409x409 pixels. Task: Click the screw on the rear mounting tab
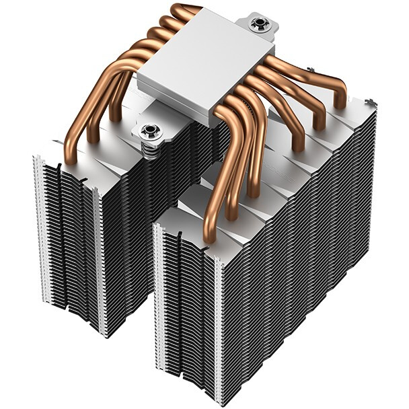(258, 25)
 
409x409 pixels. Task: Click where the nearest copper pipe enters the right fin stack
(208, 235)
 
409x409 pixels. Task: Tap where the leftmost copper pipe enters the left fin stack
(71, 159)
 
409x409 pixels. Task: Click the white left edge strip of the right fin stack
(159, 296)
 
